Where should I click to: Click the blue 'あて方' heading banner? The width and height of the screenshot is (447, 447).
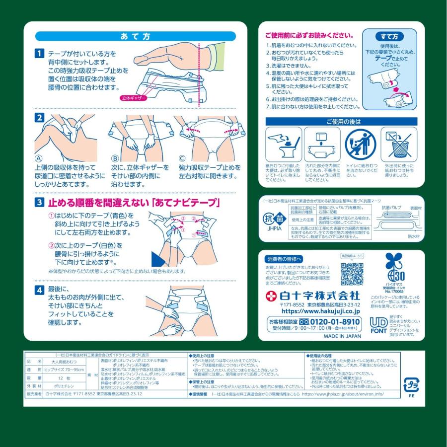(x=135, y=36)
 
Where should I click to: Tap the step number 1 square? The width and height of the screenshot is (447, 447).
(x=39, y=53)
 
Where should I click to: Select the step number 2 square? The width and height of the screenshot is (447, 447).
(x=39, y=118)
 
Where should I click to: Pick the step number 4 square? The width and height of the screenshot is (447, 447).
(x=39, y=290)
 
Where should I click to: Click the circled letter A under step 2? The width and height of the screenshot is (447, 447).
(x=38, y=158)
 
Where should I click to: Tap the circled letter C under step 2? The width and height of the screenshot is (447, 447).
(x=182, y=158)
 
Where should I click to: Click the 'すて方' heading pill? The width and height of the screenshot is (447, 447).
(x=389, y=37)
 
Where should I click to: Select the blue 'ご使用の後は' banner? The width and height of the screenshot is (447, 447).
(x=341, y=122)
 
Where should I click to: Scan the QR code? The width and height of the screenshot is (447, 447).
(x=352, y=274)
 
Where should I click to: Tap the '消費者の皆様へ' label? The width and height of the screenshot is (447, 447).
(x=284, y=259)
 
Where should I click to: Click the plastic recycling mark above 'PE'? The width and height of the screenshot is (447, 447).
(x=411, y=384)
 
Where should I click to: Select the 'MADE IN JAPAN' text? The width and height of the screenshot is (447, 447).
(x=342, y=336)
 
